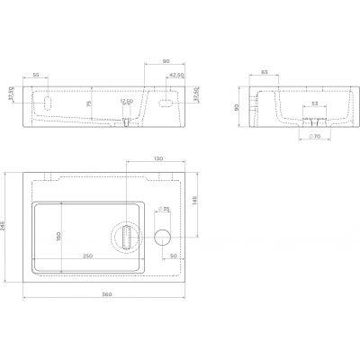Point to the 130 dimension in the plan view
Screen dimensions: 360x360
click(157, 160)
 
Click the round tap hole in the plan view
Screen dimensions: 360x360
click(162, 238)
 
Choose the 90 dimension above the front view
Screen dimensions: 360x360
click(165, 61)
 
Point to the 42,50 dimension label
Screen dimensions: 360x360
click(175, 75)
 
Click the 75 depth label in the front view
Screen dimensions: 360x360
click(88, 103)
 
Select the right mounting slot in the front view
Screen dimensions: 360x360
click(165, 102)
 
